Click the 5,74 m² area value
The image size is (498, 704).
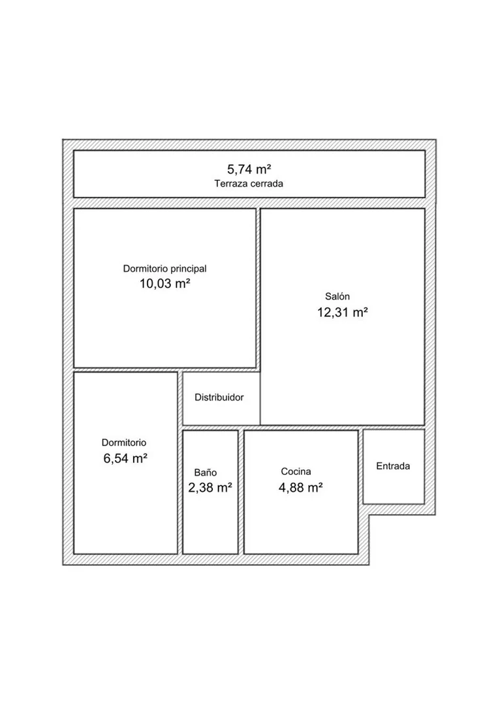pos(249,169)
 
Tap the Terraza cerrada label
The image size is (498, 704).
pos(249,183)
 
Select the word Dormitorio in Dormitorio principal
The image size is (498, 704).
pos(143,269)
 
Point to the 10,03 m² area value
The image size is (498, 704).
pos(164,284)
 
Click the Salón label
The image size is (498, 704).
pos(337,296)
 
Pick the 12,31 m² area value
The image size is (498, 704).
pos(343,312)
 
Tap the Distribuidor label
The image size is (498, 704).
pos(219,397)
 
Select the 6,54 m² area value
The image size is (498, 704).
pos(125,459)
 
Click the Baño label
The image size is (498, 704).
pos(206,472)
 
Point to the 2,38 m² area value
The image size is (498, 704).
pos(210,487)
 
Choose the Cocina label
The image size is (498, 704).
pos(296,472)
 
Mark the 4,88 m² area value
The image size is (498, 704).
pos(301,487)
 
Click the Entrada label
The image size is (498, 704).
pos(393,466)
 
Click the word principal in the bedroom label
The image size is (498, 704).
pos(187,269)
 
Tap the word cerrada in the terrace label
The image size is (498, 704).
pos(267,183)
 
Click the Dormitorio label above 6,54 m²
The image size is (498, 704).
pos(124,443)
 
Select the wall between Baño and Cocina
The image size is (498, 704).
pos(241,492)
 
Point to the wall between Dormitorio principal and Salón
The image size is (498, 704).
pos(258,288)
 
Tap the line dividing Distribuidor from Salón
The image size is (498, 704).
pos(260,398)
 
